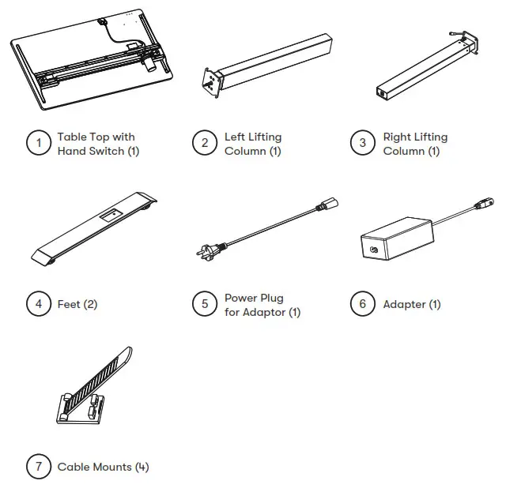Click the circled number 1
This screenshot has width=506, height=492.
tap(38, 143)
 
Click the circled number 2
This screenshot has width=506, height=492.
tap(205, 143)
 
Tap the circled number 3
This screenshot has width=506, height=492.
tap(363, 143)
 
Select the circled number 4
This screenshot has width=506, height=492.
tap(38, 304)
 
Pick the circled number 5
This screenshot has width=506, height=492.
tap(205, 304)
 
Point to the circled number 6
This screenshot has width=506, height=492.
tap(363, 304)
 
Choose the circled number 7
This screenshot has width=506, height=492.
tap(38, 467)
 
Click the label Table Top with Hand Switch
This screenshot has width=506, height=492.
tap(98, 144)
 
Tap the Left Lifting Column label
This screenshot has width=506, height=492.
tap(253, 144)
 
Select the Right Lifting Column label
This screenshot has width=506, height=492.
tap(415, 144)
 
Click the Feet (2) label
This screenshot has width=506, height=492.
tap(77, 304)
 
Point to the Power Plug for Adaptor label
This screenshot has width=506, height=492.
tap(262, 305)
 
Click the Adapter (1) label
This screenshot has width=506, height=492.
tap(412, 304)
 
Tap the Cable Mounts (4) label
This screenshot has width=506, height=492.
tap(103, 467)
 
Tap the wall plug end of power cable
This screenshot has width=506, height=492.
tap(207, 253)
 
